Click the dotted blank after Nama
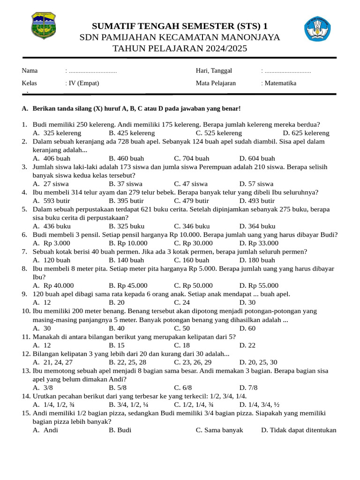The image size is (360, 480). click(92, 71)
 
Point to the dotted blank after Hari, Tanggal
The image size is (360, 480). click(287, 71)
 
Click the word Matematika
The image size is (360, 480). click(280, 83)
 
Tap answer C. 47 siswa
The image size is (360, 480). click(191, 184)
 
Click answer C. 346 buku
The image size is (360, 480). click(192, 226)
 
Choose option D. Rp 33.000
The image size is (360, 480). click(258, 243)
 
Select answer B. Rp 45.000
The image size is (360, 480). click(128, 285)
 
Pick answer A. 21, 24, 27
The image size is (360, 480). click(52, 362)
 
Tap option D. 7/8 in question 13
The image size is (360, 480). click(248, 388)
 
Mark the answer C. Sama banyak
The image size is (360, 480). click(219, 430)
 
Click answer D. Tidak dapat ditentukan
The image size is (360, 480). click(299, 430)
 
